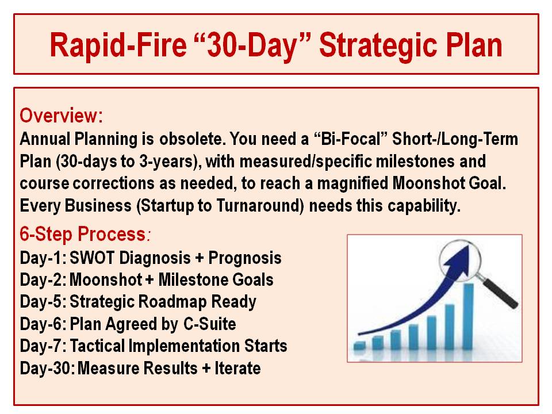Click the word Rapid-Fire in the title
click(x=118, y=45)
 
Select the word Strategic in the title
click(x=379, y=45)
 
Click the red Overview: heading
click(x=62, y=115)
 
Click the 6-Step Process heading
click(x=85, y=234)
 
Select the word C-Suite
click(x=210, y=324)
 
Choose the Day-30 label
click(x=47, y=368)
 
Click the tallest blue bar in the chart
click(x=468, y=316)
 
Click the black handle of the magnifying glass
click(x=500, y=293)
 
